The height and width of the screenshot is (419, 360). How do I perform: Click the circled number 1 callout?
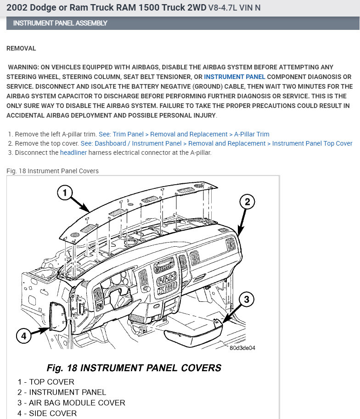click(65, 193)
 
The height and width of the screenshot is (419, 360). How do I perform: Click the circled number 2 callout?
click(247, 202)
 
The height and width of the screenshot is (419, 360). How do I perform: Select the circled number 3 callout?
click(246, 300)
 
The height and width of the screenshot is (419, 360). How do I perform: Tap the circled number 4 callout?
click(24, 336)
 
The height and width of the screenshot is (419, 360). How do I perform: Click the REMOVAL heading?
click(21, 48)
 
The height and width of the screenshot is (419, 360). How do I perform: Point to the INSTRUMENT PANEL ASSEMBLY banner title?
click(60, 23)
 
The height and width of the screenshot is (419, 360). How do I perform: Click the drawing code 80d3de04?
click(242, 348)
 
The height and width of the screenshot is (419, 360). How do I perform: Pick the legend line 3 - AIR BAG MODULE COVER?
click(71, 403)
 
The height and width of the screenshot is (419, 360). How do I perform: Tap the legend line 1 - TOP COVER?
click(46, 382)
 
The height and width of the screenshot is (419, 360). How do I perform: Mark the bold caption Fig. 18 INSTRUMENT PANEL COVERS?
click(134, 368)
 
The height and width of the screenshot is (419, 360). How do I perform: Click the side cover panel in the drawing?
click(57, 317)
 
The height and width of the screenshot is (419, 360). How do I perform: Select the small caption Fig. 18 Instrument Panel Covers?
click(52, 171)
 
